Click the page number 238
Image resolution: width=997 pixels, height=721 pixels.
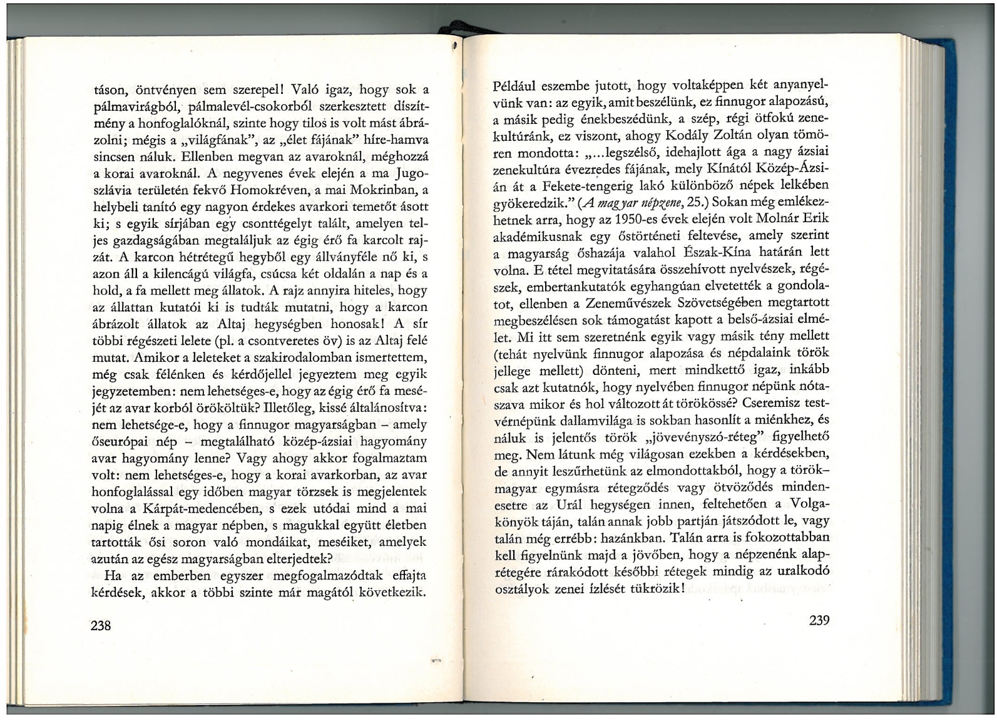[101, 625]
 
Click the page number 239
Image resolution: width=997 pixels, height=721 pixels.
[819, 620]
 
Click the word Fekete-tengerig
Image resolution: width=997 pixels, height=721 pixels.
[588, 186]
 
